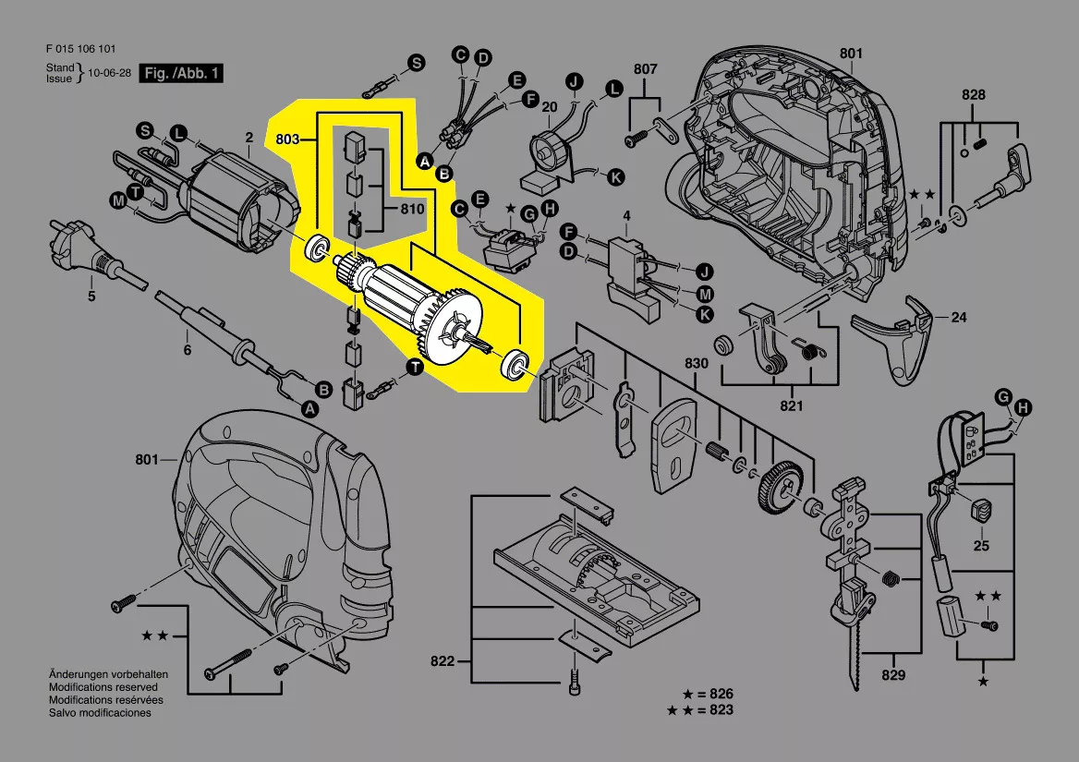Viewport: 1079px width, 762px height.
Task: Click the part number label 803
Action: tap(287, 139)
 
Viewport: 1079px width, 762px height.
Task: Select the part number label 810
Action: tap(412, 210)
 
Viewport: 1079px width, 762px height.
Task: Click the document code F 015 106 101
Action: tap(80, 49)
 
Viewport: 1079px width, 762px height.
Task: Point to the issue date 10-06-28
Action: tap(110, 73)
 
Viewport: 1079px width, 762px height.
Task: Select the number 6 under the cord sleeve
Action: tap(187, 351)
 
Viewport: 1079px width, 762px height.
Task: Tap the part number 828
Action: tap(973, 95)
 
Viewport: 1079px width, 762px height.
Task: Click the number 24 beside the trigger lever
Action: tap(959, 318)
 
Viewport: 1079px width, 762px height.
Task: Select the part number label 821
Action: tap(792, 405)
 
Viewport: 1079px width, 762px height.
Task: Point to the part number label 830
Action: tap(697, 364)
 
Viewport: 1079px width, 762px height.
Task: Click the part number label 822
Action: tap(443, 661)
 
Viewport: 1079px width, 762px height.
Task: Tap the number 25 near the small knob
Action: tap(981, 546)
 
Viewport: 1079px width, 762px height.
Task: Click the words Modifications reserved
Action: tap(103, 687)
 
